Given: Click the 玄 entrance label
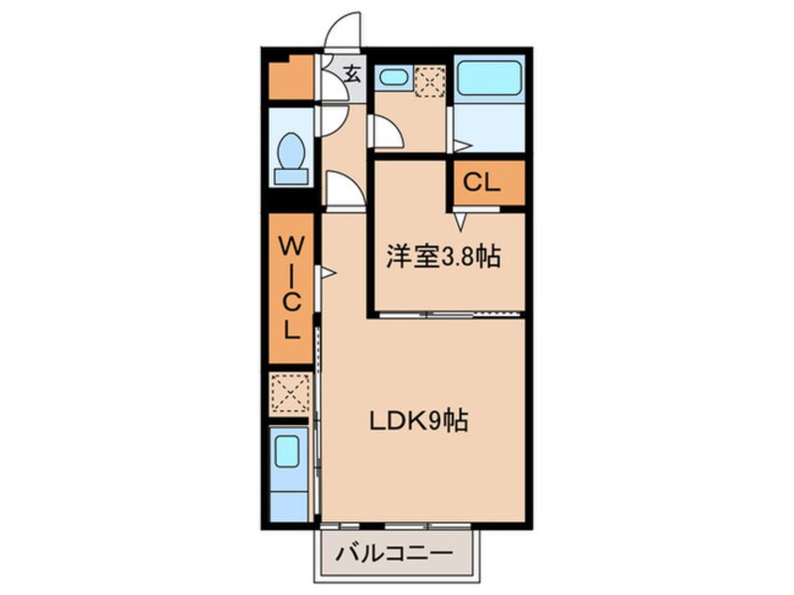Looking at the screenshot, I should (351, 74).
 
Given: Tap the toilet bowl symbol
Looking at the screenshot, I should (291, 149).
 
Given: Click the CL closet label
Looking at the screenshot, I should (480, 183).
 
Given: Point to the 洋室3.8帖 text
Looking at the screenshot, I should (442, 258).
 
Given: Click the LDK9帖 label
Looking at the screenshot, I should (419, 421).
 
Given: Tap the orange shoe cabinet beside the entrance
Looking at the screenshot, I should (287, 80).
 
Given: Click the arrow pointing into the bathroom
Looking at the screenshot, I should (462, 145).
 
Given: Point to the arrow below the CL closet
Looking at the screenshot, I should (461, 221).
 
